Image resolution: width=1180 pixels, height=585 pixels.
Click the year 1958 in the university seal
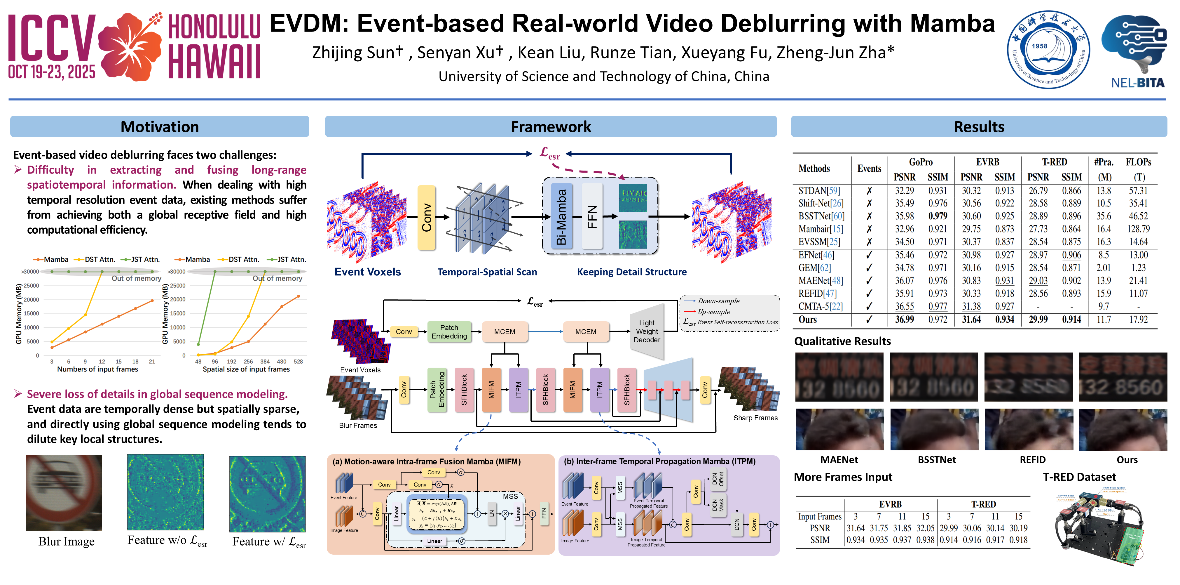coord(1039,46)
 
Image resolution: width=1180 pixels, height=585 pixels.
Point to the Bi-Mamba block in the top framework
coord(561,217)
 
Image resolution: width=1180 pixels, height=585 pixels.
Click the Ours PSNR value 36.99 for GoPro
coord(904,320)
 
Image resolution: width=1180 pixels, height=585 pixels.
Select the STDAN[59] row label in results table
coord(819,190)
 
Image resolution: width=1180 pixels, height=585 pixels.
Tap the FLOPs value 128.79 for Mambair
coord(1138,229)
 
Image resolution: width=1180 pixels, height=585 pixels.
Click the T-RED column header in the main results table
coord(1055,162)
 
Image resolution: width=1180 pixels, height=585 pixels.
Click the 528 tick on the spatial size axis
coord(298,361)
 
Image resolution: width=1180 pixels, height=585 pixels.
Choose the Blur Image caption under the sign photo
coord(67,541)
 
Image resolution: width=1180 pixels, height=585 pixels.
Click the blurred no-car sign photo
coord(64,493)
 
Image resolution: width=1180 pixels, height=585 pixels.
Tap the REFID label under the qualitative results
coord(1032,460)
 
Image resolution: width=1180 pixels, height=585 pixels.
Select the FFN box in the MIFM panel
coord(544,513)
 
